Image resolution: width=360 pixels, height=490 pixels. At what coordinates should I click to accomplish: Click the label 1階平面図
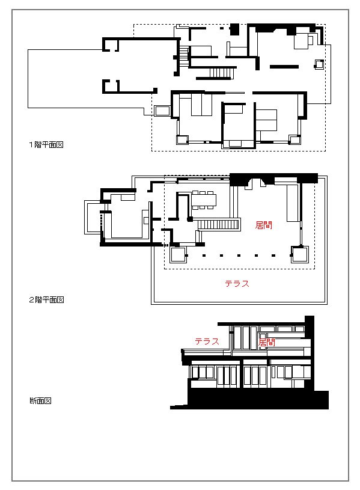point(46,145)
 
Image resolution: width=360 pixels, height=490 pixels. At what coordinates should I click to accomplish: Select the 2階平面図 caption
point(46,299)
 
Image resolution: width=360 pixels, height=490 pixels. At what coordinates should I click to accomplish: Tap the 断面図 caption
point(40,400)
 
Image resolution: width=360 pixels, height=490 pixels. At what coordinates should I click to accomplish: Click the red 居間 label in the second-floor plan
point(263,225)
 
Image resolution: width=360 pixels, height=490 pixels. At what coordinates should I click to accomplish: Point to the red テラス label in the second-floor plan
point(237,283)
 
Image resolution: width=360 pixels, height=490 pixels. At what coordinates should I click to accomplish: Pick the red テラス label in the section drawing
point(207,341)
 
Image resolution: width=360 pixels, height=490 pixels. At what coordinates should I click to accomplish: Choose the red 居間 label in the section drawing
point(267,342)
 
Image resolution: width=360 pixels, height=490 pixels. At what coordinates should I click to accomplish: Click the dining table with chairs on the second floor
point(204,200)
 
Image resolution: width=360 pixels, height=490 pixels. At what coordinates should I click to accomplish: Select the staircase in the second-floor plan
point(218,224)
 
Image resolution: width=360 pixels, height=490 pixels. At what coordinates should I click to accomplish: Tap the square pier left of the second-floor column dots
point(178,255)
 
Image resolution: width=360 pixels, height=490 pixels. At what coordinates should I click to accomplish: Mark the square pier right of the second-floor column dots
point(300,254)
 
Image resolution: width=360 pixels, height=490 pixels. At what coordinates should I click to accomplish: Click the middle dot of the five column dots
point(239,256)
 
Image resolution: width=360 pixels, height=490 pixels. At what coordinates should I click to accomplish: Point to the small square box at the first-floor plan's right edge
point(319,64)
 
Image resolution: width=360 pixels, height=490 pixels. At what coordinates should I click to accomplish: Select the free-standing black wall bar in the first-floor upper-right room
point(284,67)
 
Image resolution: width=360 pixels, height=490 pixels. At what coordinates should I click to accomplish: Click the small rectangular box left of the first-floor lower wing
point(162,111)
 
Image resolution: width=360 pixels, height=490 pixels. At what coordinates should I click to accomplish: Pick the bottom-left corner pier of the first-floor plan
point(182,139)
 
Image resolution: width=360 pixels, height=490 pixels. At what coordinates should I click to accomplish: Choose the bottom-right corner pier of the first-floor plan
point(294,139)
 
